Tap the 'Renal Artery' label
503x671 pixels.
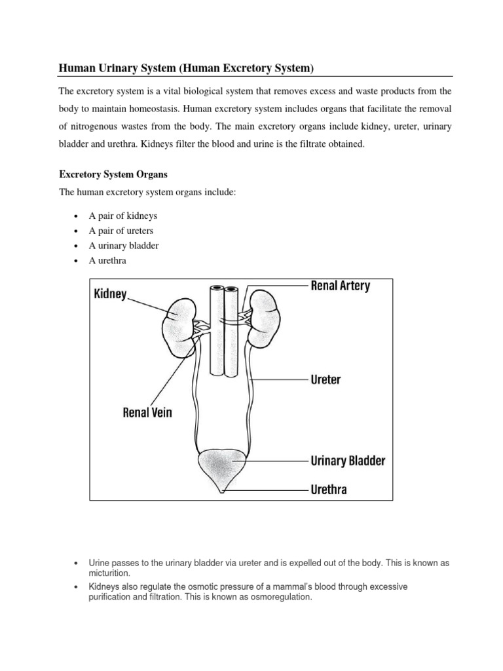coord(340,286)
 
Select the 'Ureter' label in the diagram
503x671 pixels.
coord(325,379)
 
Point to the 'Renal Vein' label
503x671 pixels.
coord(147,413)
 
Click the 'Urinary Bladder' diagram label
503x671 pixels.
coord(347,461)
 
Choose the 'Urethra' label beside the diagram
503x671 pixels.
coord(329,489)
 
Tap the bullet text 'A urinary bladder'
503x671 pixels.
coord(124,246)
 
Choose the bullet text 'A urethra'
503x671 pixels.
coord(109,261)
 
